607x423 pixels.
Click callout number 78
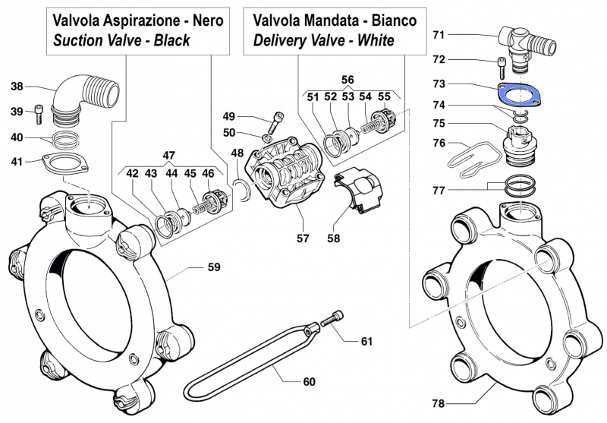pos(439,403)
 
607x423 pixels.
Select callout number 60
pos(308,381)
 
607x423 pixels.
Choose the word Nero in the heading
pos(206,21)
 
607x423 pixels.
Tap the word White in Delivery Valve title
pos(374,40)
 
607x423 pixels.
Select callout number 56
pos(347,79)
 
